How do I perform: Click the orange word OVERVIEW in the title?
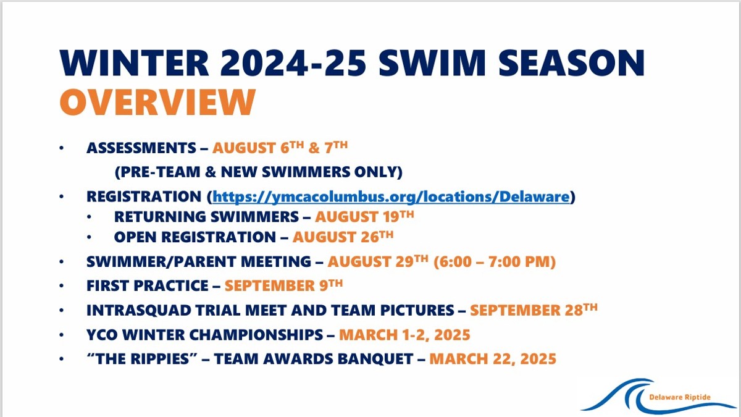[157, 102]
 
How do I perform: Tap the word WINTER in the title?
[134, 63]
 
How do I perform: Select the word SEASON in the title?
[572, 63]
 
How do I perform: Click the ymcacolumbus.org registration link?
[391, 196]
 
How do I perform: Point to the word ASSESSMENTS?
[141, 148]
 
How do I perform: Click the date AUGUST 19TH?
[364, 216]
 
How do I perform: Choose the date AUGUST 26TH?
[343, 237]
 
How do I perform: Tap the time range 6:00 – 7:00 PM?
[495, 261]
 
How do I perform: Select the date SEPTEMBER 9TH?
[283, 285]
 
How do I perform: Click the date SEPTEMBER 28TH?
[534, 310]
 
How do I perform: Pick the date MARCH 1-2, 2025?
[404, 335]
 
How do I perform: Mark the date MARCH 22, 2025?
[493, 359]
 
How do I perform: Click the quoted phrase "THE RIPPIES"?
[142, 359]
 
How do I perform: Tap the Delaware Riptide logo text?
[680, 397]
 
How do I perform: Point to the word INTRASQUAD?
[138, 310]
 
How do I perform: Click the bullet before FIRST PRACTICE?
[62, 285]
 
